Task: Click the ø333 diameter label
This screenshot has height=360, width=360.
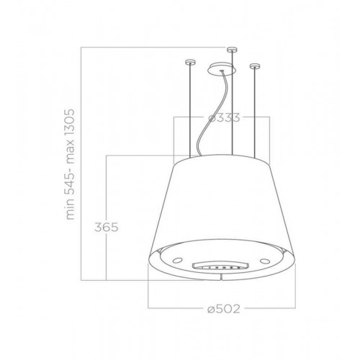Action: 224,118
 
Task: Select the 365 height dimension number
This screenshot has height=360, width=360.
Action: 107,228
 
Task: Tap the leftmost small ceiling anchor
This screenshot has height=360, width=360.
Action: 190,63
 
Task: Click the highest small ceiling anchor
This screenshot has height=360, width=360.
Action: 232,50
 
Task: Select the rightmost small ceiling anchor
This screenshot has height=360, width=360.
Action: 255,66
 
